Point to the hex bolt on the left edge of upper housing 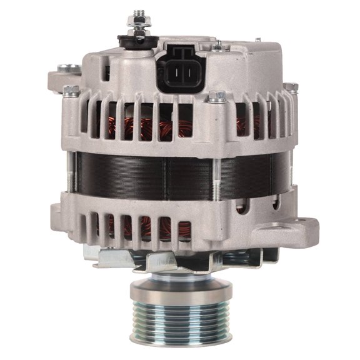point(71,91)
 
